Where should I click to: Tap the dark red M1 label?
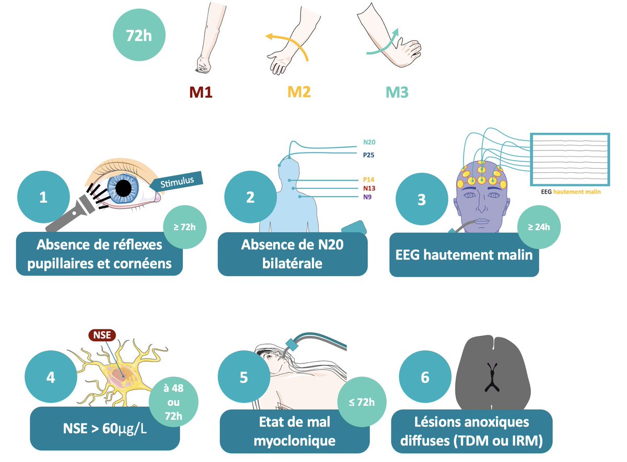201,92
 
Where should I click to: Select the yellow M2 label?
299,92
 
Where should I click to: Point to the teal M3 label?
397,92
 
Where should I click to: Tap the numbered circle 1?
43,199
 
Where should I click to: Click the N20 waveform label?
369,142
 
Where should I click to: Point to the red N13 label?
368,188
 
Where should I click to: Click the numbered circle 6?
425,377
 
